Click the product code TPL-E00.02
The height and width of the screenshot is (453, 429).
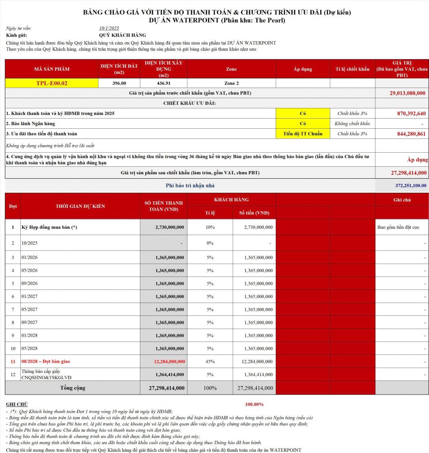[x=52, y=83]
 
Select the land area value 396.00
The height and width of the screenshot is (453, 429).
[x=119, y=83]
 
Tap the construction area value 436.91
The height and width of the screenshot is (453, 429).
[x=163, y=83]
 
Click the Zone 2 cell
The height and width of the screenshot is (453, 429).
[x=231, y=83]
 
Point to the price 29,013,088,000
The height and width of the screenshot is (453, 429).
[x=407, y=93]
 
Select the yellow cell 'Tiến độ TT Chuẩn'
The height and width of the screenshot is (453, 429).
[x=303, y=134]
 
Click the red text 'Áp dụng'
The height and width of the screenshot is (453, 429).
[x=417, y=160]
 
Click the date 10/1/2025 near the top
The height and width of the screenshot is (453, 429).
[x=110, y=28]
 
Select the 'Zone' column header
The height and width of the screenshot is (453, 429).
[x=231, y=69]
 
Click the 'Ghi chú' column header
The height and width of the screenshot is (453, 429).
[x=402, y=200]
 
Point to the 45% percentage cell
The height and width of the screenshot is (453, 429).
[x=210, y=361]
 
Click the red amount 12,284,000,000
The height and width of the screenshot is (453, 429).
[x=169, y=361]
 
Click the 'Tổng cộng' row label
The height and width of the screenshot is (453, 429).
[x=73, y=388]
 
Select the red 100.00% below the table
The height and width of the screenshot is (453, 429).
[x=254, y=404]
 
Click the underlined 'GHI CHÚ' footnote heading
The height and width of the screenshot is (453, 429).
[x=17, y=404]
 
